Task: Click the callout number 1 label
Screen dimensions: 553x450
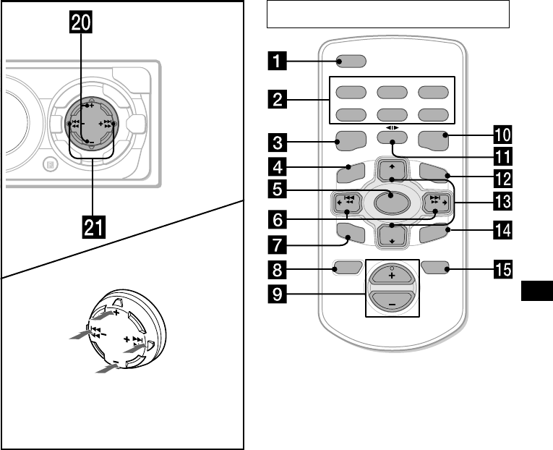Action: tap(277, 61)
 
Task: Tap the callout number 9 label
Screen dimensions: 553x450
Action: tap(277, 294)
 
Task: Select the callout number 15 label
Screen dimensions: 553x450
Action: tap(502, 269)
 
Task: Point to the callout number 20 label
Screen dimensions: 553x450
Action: tap(81, 23)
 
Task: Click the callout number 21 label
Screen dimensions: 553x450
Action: tap(94, 228)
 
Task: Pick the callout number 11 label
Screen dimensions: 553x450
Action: tap(502, 157)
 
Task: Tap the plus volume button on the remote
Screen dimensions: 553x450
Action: tap(392, 274)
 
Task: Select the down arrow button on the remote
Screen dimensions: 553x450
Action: tap(392, 237)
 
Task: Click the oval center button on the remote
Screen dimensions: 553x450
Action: tap(392, 203)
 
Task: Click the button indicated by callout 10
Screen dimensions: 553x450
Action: tap(433, 140)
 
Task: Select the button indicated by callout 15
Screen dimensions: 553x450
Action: tap(435, 268)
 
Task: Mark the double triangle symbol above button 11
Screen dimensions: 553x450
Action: tap(392, 128)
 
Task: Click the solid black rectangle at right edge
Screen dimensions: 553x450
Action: tap(537, 291)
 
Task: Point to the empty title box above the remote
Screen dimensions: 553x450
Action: tap(388, 14)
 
